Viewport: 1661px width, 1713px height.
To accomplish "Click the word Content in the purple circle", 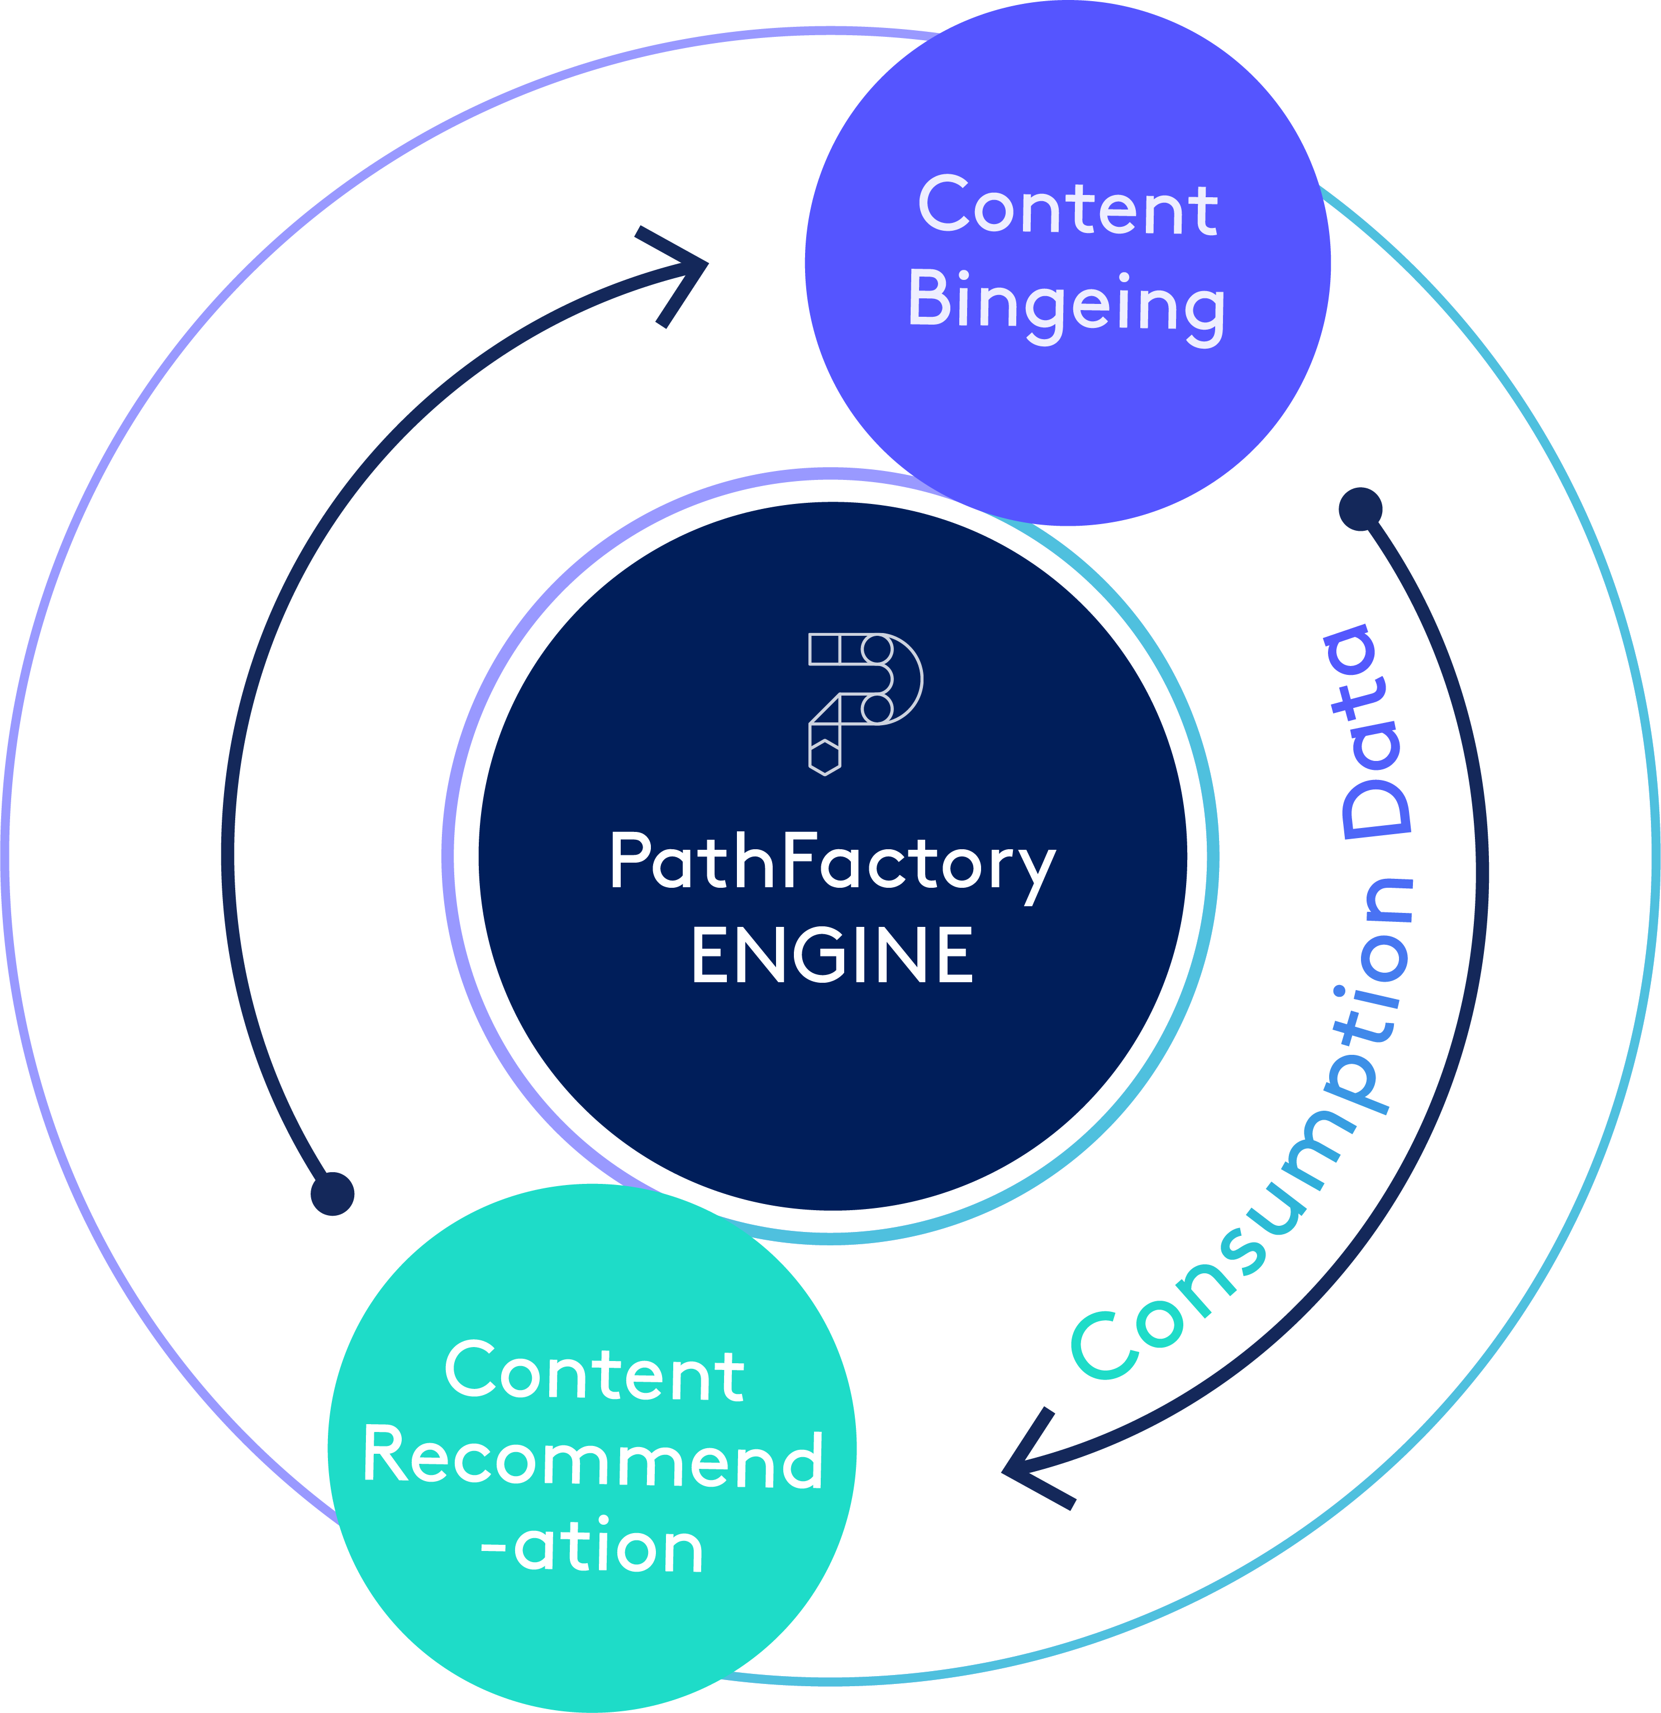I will tap(1067, 207).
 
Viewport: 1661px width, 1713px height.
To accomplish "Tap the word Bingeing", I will tap(1067, 302).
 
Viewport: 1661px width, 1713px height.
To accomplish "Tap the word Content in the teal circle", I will tap(594, 1373).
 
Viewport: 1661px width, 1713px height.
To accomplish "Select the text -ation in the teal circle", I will tap(592, 1548).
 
